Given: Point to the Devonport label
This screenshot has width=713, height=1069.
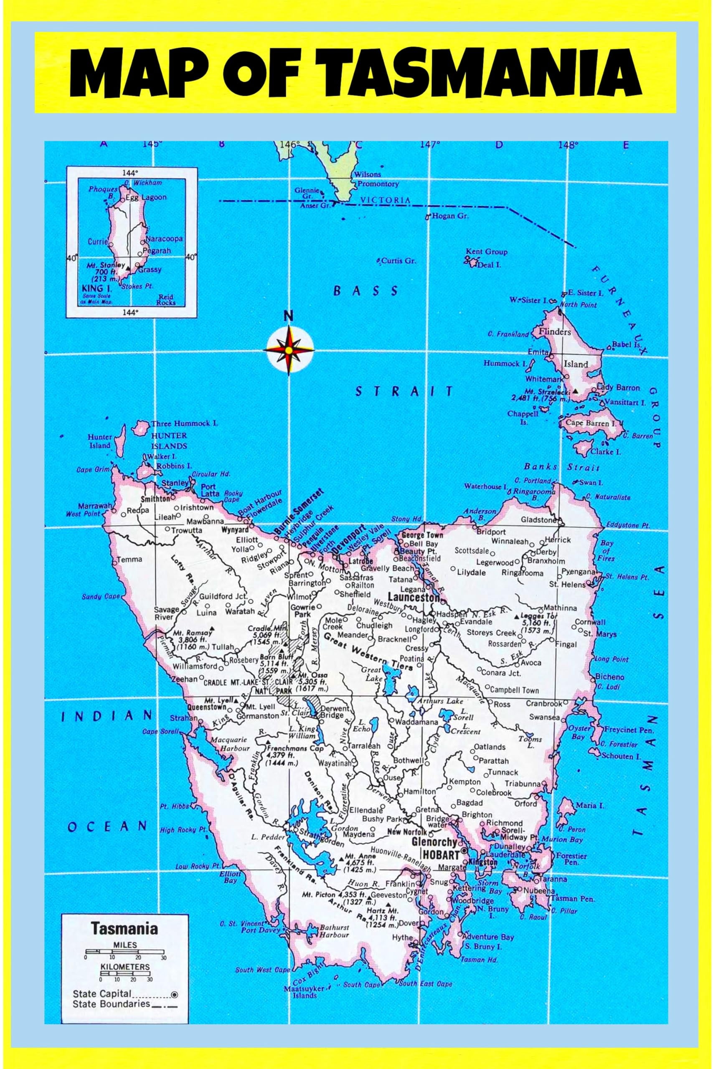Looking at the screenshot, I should (349, 539).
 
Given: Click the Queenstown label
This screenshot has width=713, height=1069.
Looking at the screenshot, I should (207, 707).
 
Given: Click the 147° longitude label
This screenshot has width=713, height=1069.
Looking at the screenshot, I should (430, 144).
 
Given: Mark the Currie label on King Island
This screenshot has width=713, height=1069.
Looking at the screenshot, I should (97, 242).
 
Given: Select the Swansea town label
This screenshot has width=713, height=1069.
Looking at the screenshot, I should (544, 717).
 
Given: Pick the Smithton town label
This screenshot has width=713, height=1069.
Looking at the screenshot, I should (155, 499).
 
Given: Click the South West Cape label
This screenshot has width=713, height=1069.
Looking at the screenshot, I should (262, 970).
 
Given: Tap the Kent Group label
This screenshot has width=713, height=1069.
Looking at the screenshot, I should (486, 252).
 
